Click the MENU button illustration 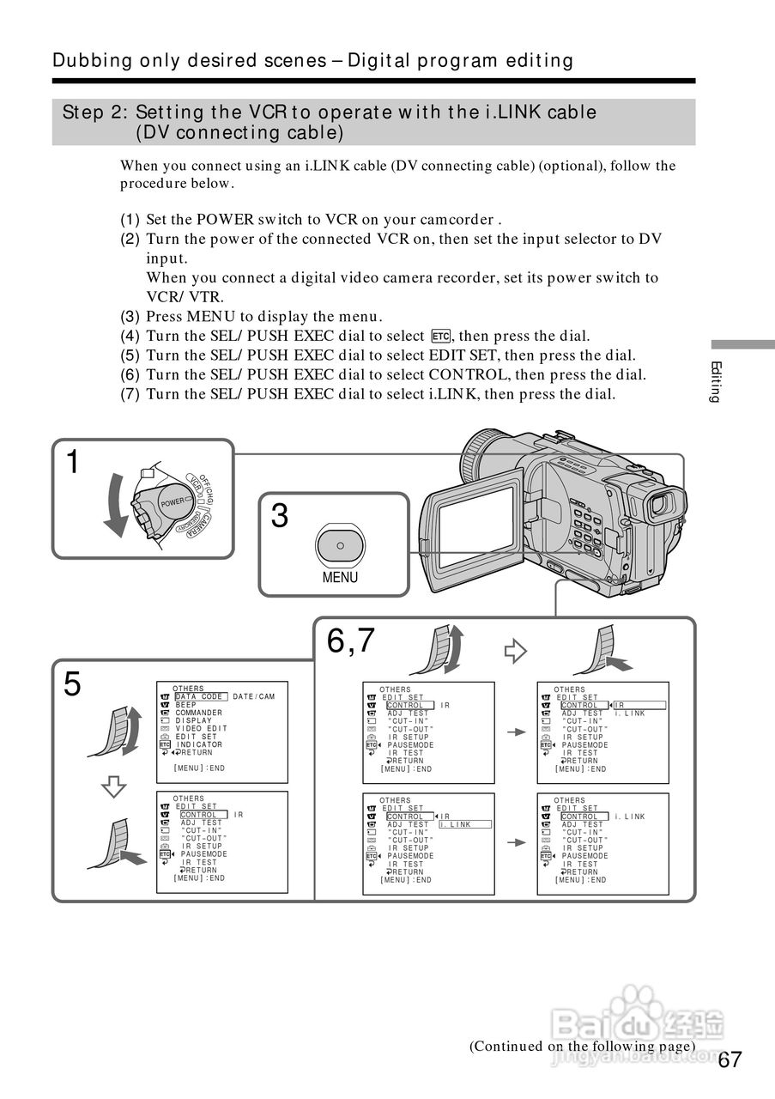click(x=340, y=546)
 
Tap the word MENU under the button click(x=340, y=578)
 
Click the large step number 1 click(x=74, y=463)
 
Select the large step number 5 click(x=73, y=685)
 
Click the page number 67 click(x=730, y=1060)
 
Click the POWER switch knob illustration click(x=168, y=502)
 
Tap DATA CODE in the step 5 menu click(x=199, y=696)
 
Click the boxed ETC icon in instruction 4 click(x=441, y=336)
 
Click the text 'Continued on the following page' click(x=581, y=1046)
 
